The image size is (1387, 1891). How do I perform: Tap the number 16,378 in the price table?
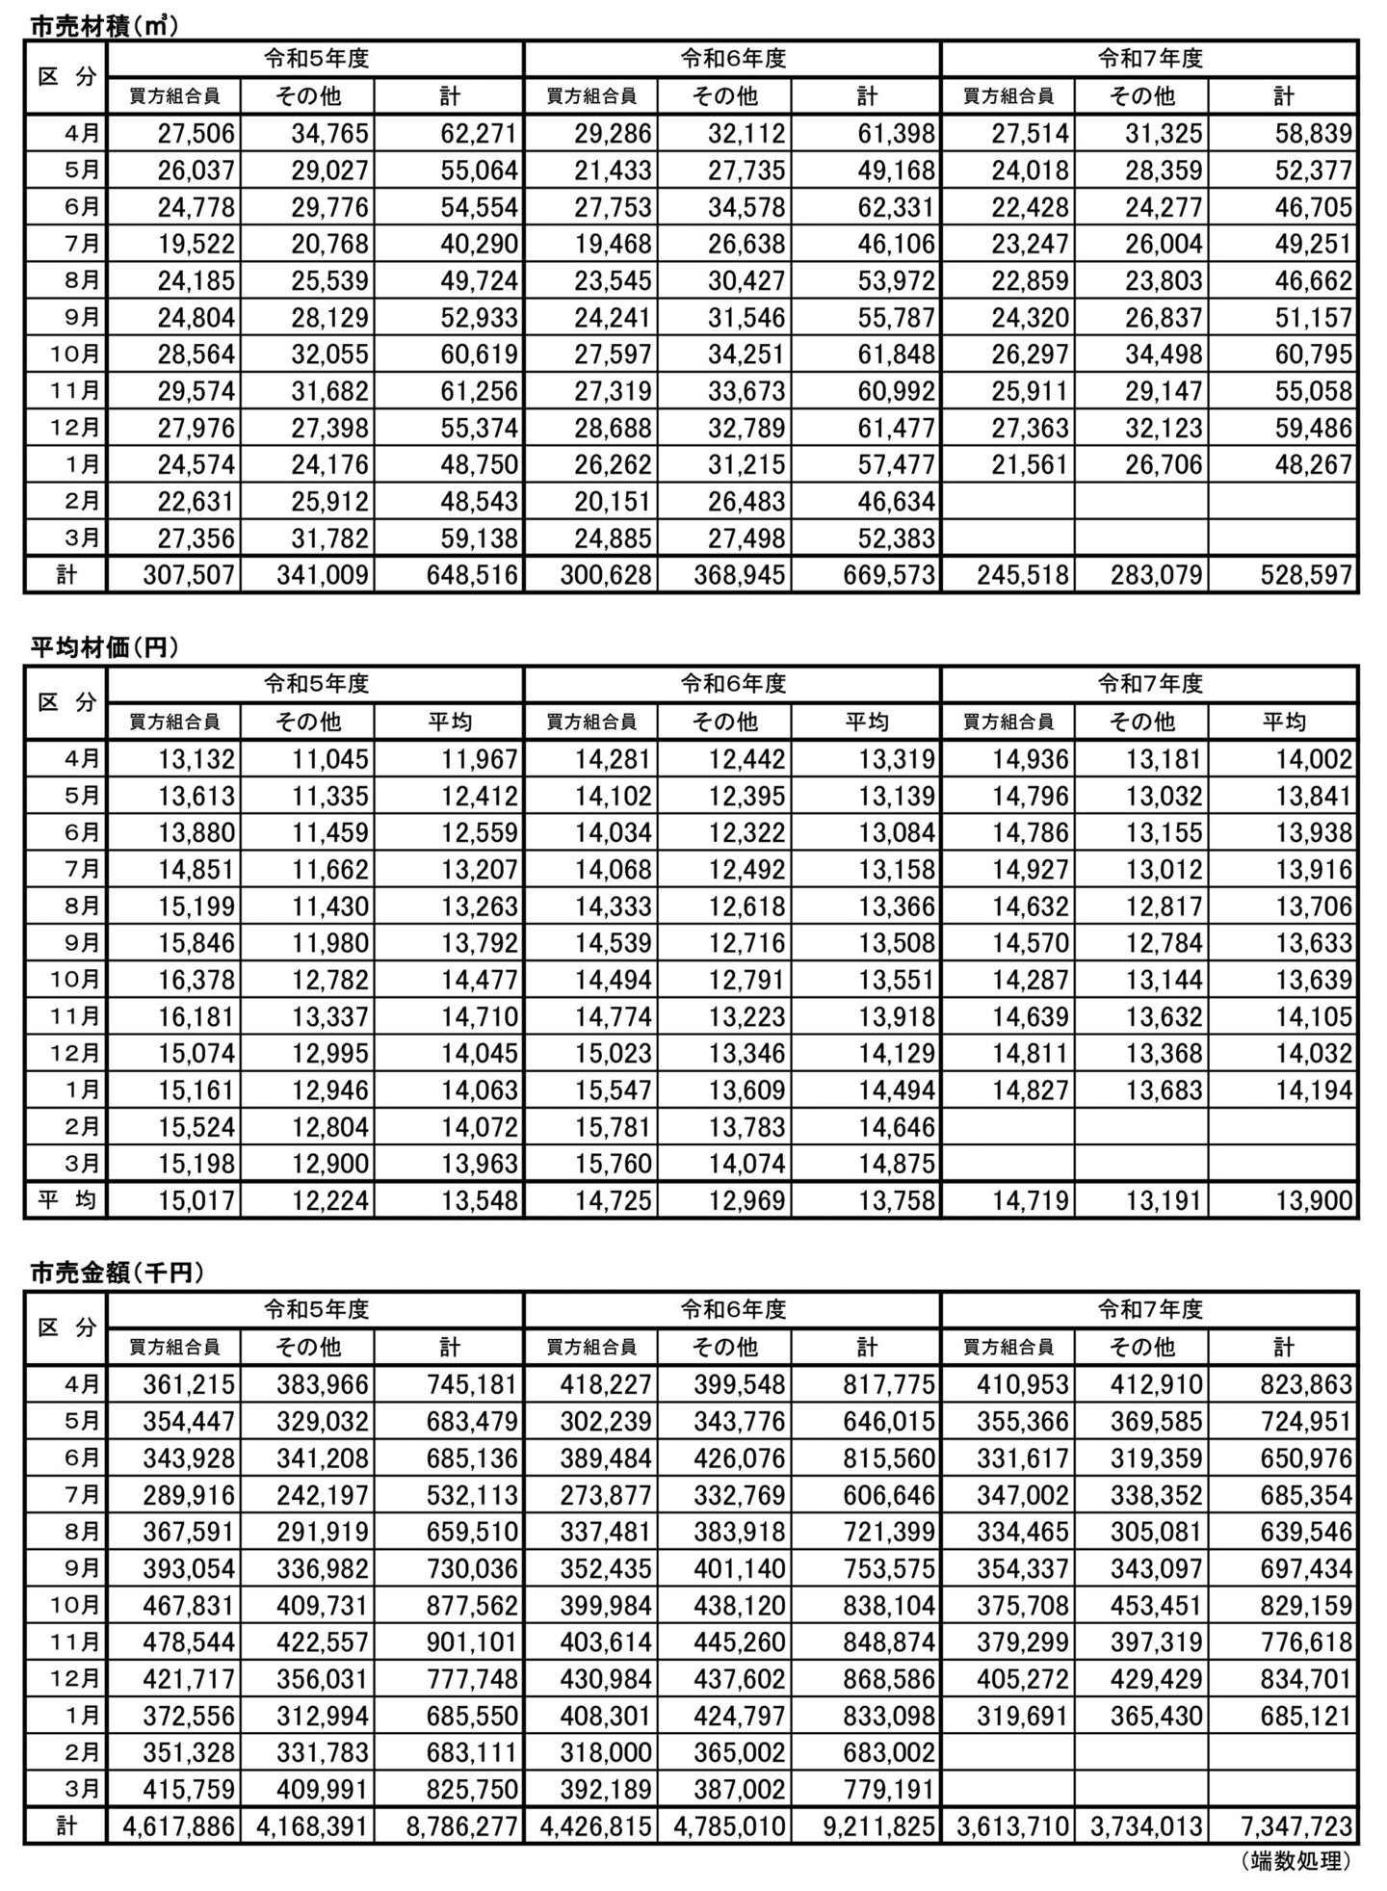pos(196,981)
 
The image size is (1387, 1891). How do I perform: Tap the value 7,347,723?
pos(1295,1825)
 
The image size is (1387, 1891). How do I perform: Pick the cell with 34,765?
pos(329,134)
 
